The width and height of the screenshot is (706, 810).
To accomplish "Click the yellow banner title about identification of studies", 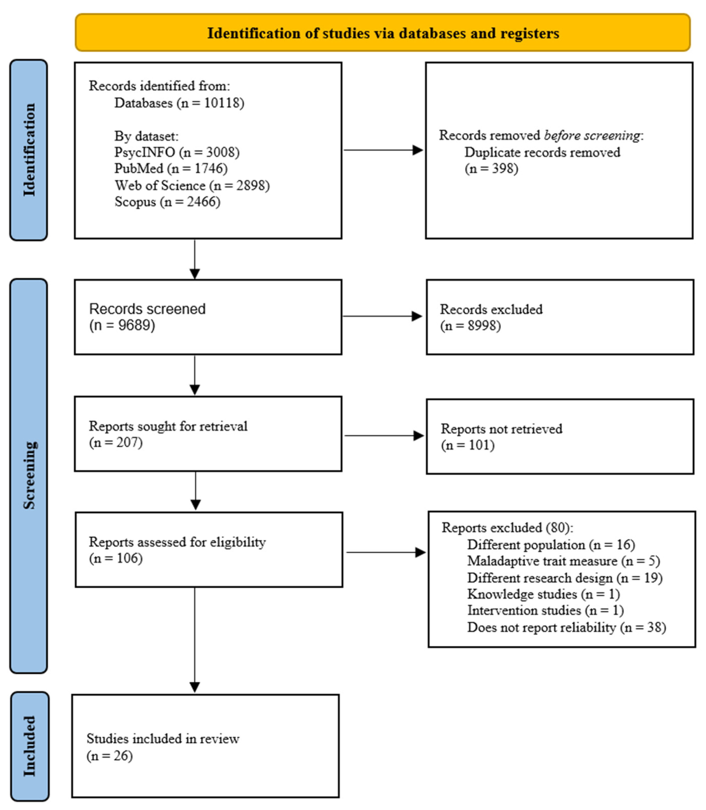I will (383, 33).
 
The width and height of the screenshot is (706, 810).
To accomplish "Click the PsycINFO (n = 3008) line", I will (177, 152).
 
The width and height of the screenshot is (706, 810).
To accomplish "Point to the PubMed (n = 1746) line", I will (171, 169).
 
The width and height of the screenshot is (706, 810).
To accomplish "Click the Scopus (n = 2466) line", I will (167, 202).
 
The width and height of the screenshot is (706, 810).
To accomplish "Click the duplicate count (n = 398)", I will (491, 169).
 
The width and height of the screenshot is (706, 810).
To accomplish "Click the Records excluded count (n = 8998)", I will (470, 326).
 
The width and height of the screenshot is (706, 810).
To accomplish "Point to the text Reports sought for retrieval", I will (168, 426).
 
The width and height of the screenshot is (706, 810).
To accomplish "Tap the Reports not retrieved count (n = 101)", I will (468, 445).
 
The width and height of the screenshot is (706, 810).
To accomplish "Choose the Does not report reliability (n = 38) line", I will (566, 627).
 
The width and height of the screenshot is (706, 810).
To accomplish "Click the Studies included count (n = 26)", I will (110, 756).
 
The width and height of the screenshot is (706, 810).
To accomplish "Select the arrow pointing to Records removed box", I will (383, 150).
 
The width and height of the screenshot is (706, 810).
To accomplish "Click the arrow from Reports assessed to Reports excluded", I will (386, 552).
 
